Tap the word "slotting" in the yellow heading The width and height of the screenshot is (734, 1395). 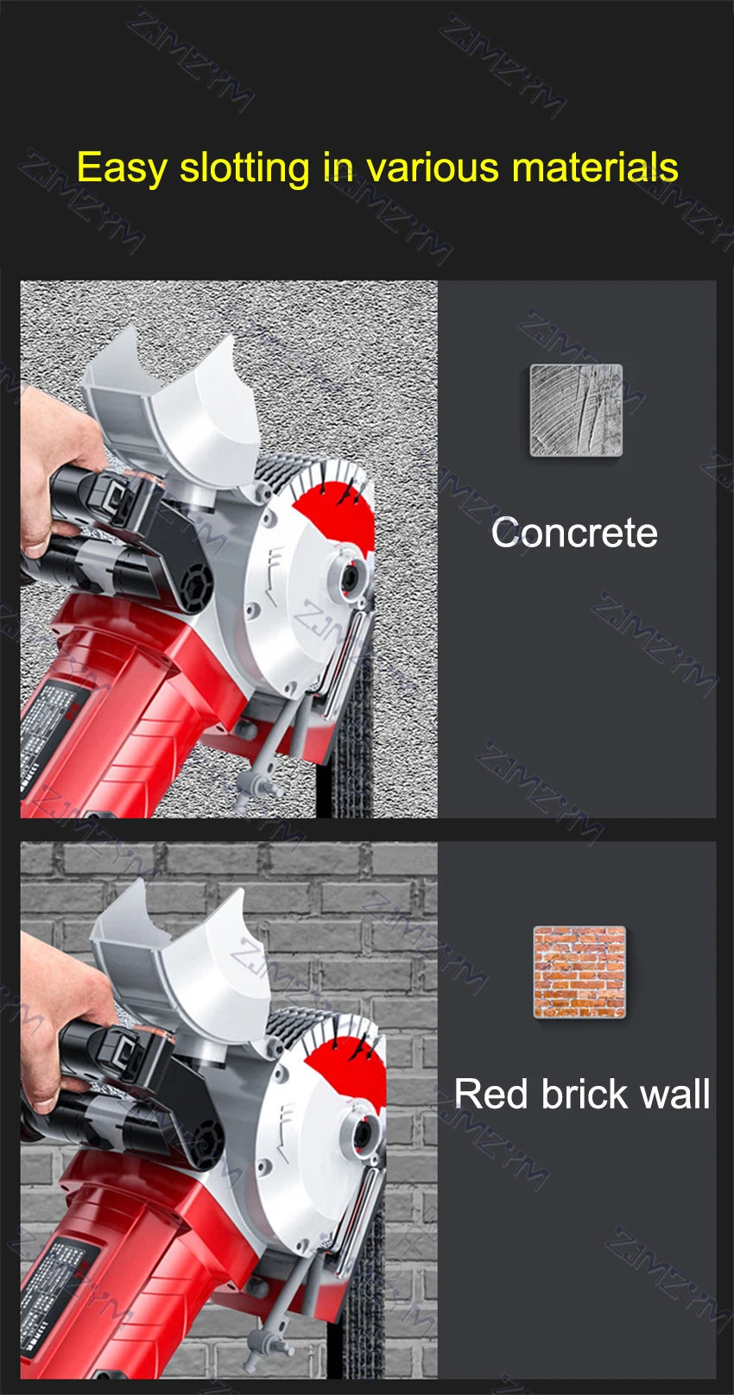coord(244,167)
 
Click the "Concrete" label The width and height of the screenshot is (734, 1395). coord(574,532)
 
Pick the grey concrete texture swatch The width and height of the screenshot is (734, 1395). coord(575,410)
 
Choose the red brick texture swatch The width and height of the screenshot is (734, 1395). coord(579,972)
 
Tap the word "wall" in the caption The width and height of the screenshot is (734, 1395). coord(675,1094)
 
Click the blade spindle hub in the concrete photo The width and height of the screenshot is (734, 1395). coord(351,574)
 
